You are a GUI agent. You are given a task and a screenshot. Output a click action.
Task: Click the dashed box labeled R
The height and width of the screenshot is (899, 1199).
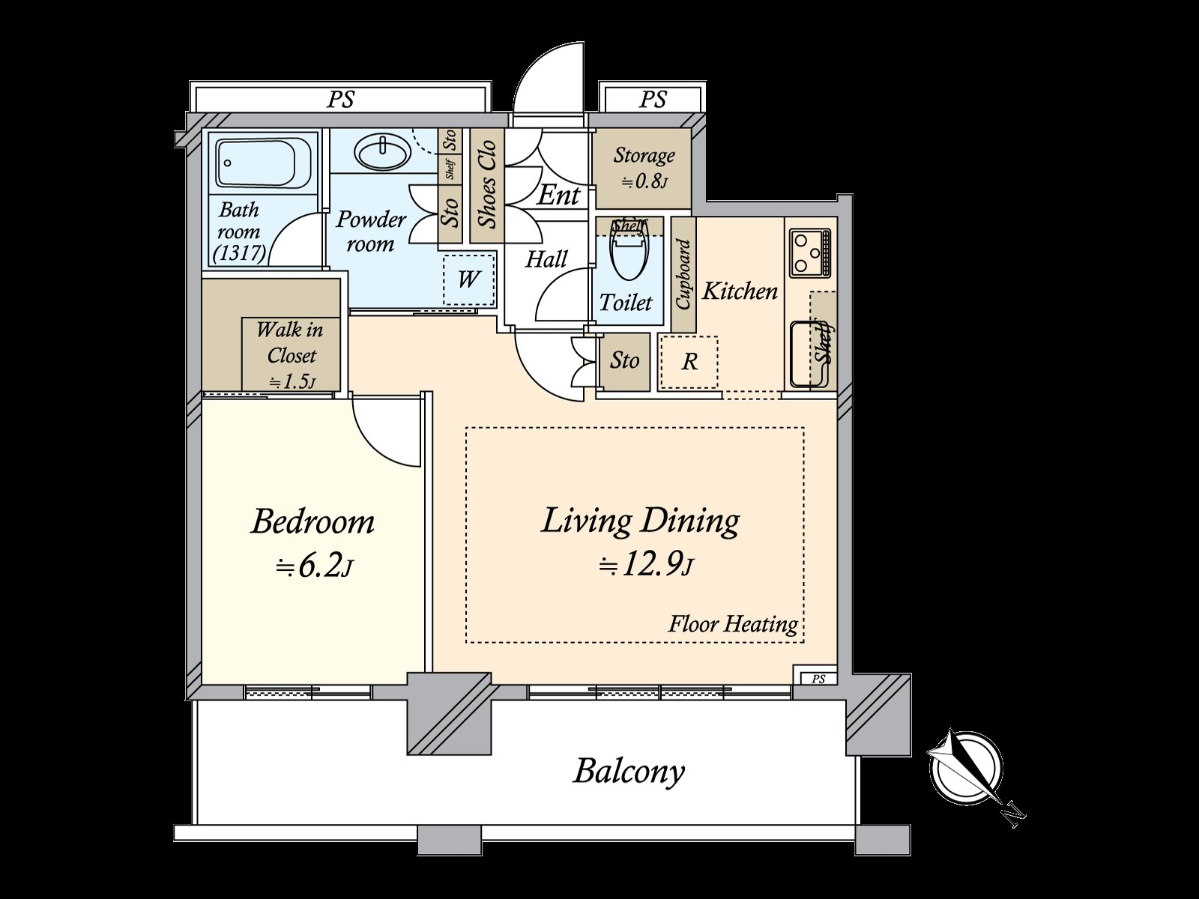[x=689, y=363]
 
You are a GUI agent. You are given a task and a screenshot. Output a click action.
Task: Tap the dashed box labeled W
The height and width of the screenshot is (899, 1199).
[x=469, y=279]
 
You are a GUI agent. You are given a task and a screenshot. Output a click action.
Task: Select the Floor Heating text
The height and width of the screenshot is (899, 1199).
[x=732, y=624]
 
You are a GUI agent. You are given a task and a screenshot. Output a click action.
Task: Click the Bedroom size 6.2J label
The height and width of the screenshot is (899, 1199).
[x=314, y=567]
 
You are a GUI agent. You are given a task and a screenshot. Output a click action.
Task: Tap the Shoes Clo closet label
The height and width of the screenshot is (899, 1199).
[x=487, y=184]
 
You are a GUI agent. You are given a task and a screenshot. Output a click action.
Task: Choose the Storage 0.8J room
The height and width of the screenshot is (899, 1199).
[x=643, y=168]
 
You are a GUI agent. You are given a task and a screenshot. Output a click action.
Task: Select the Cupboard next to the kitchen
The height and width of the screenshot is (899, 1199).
[x=683, y=274]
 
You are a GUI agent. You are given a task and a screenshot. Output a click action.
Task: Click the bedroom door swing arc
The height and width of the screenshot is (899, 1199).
[x=386, y=431]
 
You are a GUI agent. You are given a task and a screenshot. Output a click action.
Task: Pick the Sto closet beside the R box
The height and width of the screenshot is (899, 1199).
[x=624, y=361]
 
